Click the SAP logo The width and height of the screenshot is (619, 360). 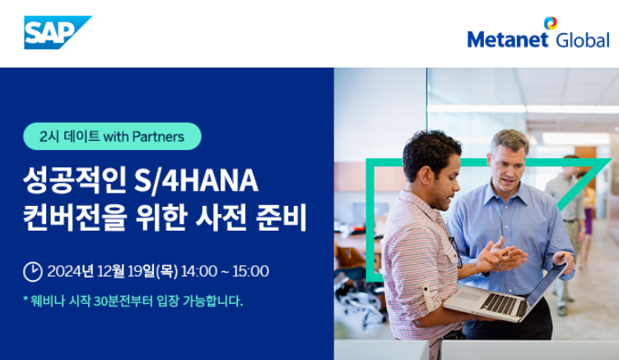coord(58,32)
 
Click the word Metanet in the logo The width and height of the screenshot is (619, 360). coord(507,40)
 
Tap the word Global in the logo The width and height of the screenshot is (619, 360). coord(582,40)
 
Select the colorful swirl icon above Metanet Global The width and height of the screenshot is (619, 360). coord(551,23)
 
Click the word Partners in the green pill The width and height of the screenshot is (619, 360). coord(158,137)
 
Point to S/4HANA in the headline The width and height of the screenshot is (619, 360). coord(196,180)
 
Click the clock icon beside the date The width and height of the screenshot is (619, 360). coord(33,272)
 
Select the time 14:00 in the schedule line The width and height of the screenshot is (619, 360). coord(199,272)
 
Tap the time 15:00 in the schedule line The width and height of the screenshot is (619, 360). coord(251,272)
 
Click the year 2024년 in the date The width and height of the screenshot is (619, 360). coord(70,272)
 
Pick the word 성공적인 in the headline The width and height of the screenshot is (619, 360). coord(75,180)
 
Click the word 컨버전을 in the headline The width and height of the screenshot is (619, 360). coord(75,217)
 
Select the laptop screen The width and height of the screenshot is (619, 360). coord(547,283)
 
